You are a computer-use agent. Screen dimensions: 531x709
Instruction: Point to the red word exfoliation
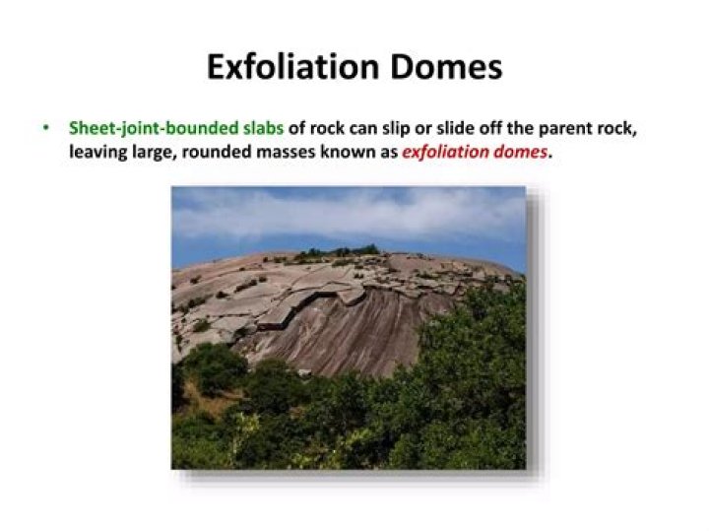click(x=450, y=153)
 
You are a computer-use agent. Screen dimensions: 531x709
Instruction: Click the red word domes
click(x=523, y=153)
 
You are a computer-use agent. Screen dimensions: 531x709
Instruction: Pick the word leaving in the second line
click(x=97, y=153)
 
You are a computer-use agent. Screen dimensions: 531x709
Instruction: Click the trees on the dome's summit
click(x=340, y=253)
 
